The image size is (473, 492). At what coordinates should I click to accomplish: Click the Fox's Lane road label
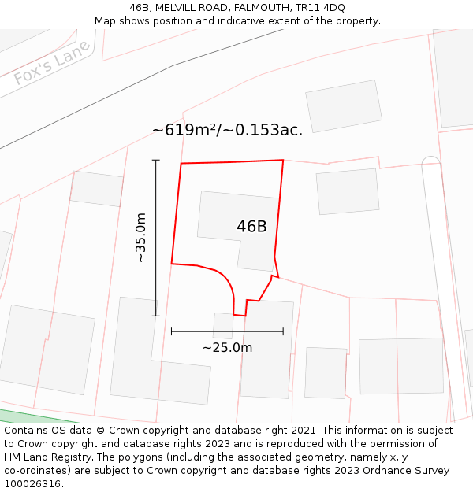pyautogui.click(x=52, y=62)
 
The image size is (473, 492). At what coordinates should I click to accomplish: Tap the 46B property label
pyautogui.click(x=251, y=227)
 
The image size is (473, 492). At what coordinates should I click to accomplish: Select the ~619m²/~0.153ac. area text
pyautogui.click(x=227, y=130)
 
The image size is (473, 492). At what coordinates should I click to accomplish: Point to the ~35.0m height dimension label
pyautogui.click(x=140, y=237)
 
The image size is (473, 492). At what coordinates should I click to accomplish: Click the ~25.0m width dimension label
pyautogui.click(x=227, y=347)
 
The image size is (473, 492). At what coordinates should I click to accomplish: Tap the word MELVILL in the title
pyautogui.click(x=177, y=8)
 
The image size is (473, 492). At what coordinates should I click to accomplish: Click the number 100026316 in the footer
pyautogui.click(x=33, y=483)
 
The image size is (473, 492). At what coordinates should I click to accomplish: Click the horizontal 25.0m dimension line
pyautogui.click(x=227, y=332)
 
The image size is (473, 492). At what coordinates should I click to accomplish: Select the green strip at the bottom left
pyautogui.click(x=20, y=416)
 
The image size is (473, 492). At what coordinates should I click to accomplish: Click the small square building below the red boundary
pyautogui.click(x=223, y=325)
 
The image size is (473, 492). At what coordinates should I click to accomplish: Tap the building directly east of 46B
pyautogui.click(x=348, y=191)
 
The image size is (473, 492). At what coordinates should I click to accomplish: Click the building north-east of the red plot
pyautogui.click(x=344, y=106)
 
